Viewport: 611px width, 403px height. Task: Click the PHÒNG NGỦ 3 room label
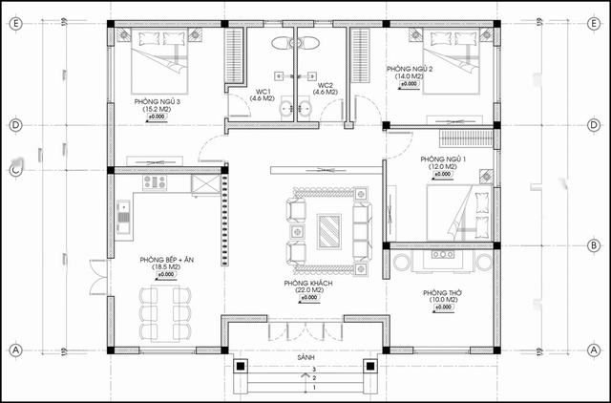point(158,101)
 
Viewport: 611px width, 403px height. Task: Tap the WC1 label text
point(263,91)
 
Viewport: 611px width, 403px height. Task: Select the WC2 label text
point(326,91)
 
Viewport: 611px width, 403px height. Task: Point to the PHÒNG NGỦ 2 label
point(411,70)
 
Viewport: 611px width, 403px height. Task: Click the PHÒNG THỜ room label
point(441,293)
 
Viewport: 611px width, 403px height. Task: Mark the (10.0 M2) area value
point(441,301)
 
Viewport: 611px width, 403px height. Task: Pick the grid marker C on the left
point(15,170)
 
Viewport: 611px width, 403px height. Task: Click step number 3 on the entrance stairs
point(315,369)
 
